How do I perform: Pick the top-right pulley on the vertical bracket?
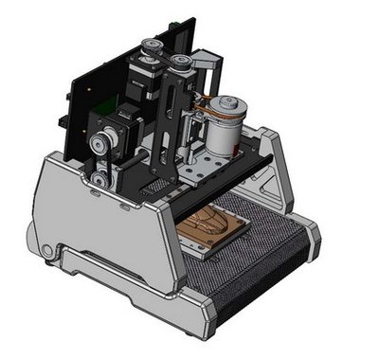(x=179, y=64)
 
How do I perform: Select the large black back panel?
(x=85, y=85)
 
